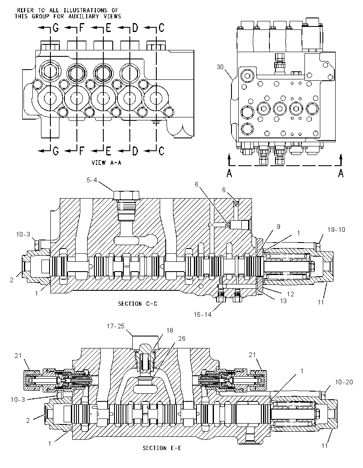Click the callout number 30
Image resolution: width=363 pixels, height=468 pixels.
(x=220, y=67)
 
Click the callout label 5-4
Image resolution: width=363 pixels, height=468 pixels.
(x=92, y=180)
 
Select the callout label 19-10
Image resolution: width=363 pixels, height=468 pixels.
(x=336, y=230)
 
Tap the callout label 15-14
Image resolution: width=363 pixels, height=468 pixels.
(x=202, y=314)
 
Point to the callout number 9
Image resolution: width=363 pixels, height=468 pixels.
(x=278, y=227)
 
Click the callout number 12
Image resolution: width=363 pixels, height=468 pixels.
(x=290, y=294)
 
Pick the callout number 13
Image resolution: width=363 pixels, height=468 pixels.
(x=283, y=301)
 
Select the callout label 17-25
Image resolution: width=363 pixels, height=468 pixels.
(x=116, y=326)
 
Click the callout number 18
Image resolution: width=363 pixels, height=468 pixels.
(x=170, y=331)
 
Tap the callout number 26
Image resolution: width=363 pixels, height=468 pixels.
(x=181, y=338)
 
